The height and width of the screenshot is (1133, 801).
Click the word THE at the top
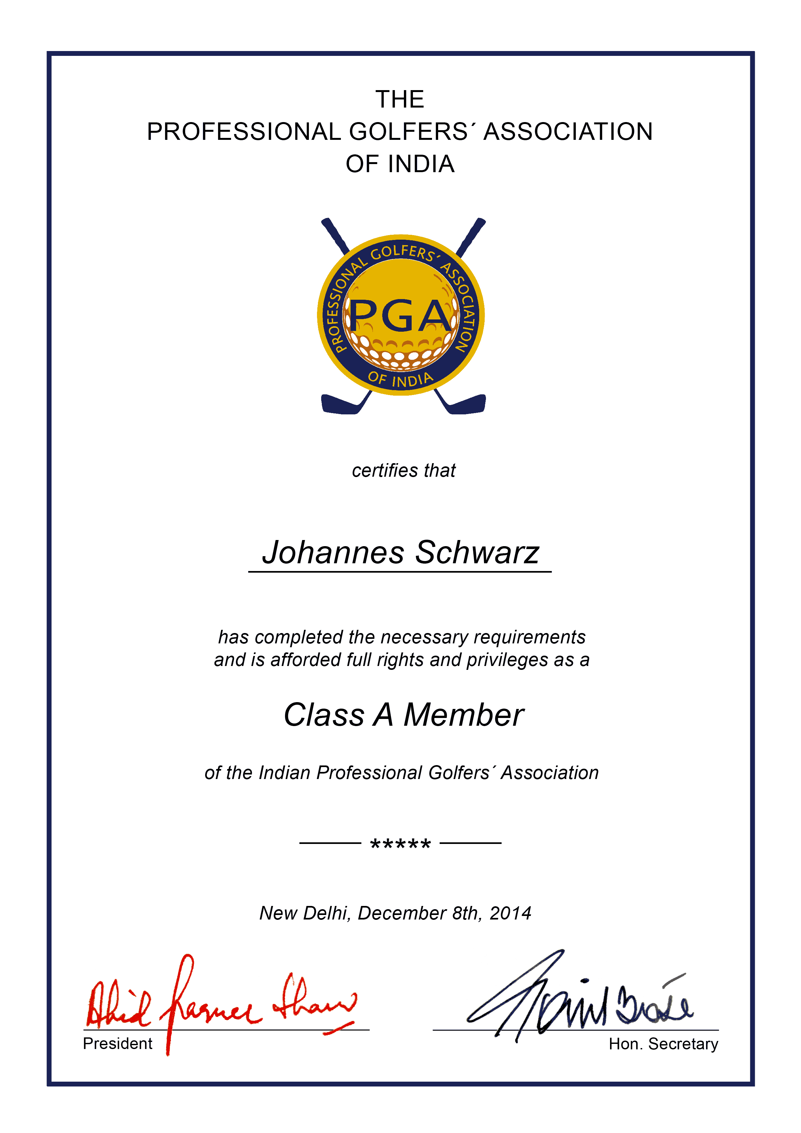[400, 99]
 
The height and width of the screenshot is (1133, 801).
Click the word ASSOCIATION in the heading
[568, 132]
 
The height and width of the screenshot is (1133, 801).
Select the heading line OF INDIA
[400, 164]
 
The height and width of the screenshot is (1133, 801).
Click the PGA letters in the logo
[401, 316]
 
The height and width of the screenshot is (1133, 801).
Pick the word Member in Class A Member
[463, 715]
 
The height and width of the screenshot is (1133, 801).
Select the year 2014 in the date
[510, 913]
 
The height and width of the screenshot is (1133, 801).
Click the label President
[118, 1044]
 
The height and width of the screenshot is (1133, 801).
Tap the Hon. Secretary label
[663, 1044]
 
